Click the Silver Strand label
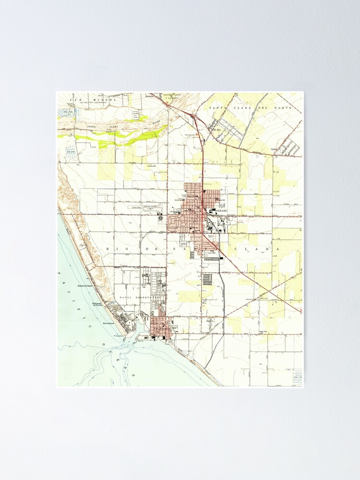tap(109, 324)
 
